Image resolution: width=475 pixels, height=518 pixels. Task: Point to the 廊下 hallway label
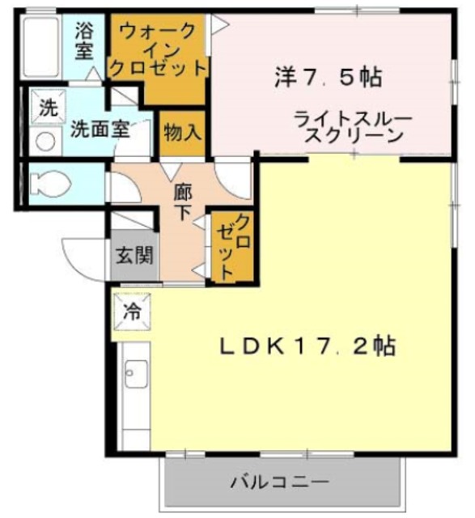click(x=183, y=202)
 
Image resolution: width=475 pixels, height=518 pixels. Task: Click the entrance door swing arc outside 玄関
click(x=81, y=255)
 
